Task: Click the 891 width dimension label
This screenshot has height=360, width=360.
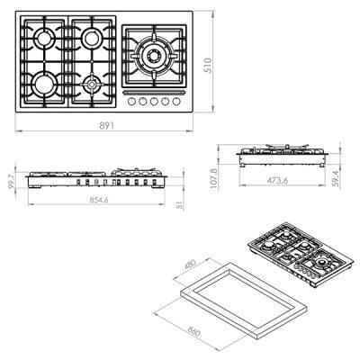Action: (107, 125)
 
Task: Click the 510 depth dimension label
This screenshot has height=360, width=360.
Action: (208, 66)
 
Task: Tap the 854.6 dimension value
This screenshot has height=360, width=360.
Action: (99, 200)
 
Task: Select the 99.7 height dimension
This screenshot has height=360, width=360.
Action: (11, 181)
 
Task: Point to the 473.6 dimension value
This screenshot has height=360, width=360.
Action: (278, 180)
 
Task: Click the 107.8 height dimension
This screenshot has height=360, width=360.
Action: (214, 178)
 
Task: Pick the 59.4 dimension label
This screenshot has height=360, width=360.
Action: (336, 179)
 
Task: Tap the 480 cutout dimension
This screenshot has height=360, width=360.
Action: (190, 264)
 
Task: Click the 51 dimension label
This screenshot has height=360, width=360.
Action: (180, 205)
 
